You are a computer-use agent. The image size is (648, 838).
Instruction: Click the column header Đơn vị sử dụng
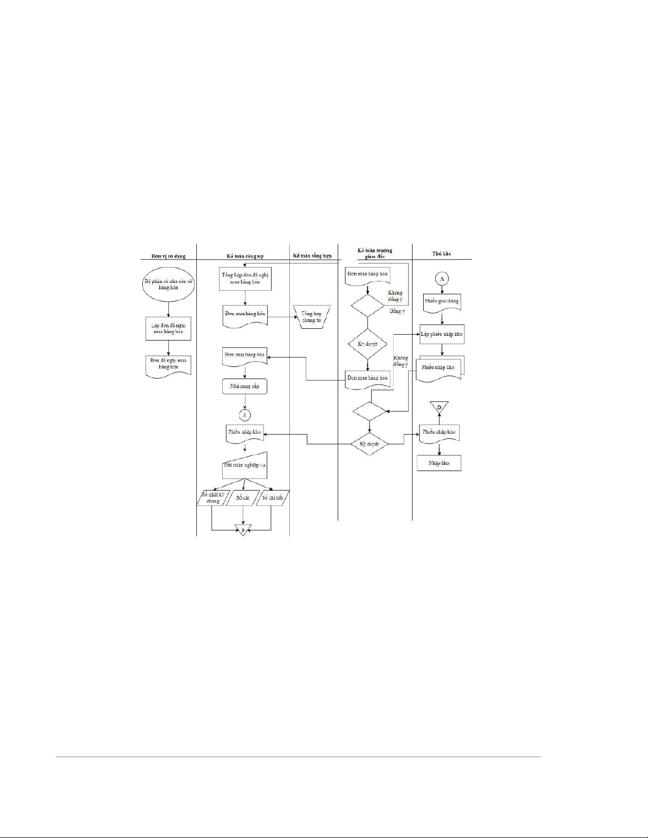tap(168, 256)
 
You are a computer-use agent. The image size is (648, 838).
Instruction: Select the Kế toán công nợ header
tap(242, 256)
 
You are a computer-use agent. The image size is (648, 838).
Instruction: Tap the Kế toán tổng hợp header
tap(312, 256)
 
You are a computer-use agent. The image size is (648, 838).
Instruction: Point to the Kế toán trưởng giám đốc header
tap(375, 253)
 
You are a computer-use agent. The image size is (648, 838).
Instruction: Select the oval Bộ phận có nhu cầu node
tap(168, 284)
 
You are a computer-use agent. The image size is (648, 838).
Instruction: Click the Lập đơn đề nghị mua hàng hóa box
tap(168, 328)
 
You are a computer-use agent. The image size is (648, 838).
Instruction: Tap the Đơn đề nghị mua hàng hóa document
tap(168, 364)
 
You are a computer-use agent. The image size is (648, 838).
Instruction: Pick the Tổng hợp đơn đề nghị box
tap(245, 279)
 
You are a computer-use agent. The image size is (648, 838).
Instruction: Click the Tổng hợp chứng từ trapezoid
tap(312, 317)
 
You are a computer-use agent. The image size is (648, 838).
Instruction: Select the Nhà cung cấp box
tap(244, 386)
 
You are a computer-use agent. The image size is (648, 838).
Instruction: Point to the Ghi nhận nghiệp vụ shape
tap(244, 465)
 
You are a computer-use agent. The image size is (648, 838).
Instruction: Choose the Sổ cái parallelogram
tap(243, 498)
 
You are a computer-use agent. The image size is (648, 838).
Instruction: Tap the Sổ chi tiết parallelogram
tap(273, 498)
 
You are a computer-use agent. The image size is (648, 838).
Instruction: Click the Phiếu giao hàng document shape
tap(442, 302)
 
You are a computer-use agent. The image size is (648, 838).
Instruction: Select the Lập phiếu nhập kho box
tap(442, 334)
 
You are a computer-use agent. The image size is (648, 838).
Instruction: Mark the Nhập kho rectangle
tap(439, 463)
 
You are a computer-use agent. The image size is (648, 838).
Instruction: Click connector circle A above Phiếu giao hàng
tap(442, 278)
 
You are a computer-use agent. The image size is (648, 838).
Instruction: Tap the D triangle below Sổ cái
tap(243, 529)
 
